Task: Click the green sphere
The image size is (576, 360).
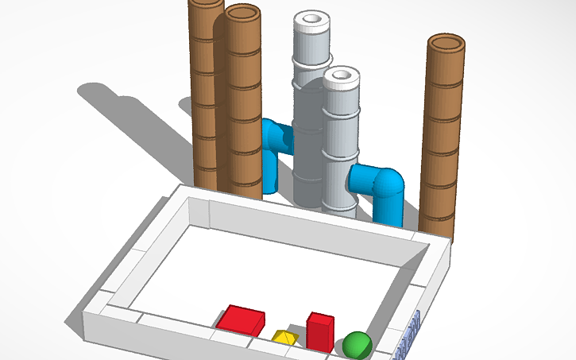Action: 357,345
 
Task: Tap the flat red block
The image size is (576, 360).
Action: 241,319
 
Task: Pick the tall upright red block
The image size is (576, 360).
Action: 320,334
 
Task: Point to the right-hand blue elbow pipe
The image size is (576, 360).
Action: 381,191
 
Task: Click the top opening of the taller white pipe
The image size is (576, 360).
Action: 311,18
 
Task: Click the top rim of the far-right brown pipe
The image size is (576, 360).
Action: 446,42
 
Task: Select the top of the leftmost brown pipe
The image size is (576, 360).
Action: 205,3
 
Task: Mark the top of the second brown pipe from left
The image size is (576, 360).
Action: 242,14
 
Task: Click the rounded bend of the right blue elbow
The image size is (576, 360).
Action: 392,184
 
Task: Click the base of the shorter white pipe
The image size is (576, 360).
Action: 339,208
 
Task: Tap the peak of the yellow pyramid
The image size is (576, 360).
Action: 284,331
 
